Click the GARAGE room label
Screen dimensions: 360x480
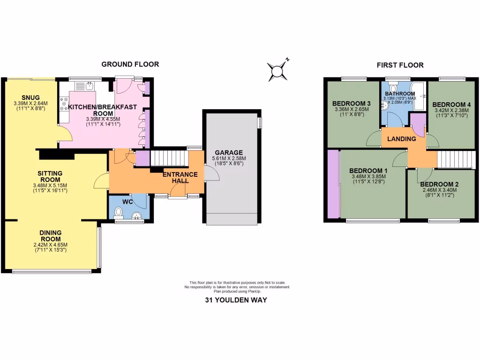(x=229, y=152)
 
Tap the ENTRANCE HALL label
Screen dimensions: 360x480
(x=180, y=178)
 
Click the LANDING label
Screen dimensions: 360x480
(x=402, y=139)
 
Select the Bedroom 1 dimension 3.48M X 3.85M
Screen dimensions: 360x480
(x=368, y=177)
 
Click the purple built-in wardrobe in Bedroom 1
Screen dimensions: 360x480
(x=333, y=184)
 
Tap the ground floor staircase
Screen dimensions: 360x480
(x=168, y=158)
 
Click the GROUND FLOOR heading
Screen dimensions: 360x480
(x=130, y=64)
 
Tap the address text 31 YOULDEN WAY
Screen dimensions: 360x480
(x=236, y=300)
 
